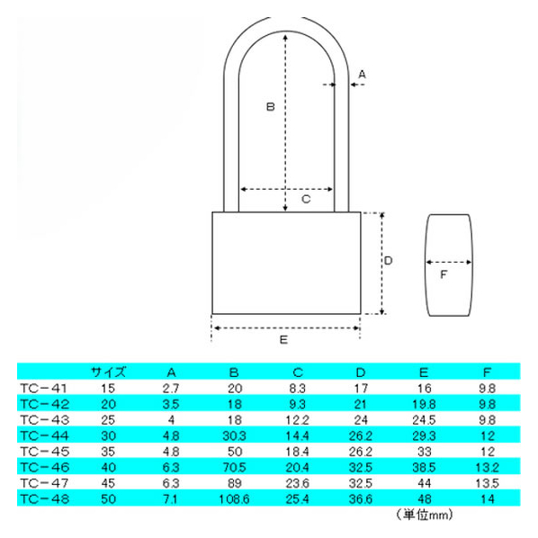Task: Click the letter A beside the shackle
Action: point(362,74)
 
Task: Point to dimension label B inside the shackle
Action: point(271,107)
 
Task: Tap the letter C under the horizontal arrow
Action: point(306,199)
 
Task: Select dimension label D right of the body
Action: point(388,261)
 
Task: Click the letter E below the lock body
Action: point(283,340)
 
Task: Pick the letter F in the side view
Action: point(444,274)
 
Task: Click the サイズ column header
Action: point(109,372)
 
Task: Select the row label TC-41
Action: point(43,389)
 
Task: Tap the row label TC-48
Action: point(45,498)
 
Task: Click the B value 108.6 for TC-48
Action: point(234,499)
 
